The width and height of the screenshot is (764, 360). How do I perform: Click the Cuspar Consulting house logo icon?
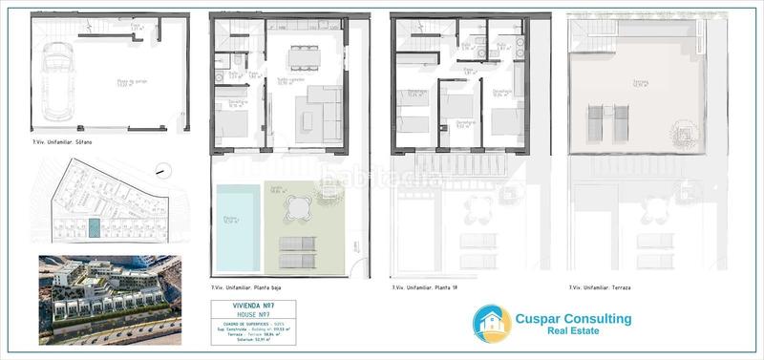[492, 325]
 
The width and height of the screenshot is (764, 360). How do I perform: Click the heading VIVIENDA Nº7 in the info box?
[250, 306]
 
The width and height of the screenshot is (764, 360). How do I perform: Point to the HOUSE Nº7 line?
[250, 314]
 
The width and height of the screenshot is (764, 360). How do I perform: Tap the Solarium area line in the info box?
[250, 341]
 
